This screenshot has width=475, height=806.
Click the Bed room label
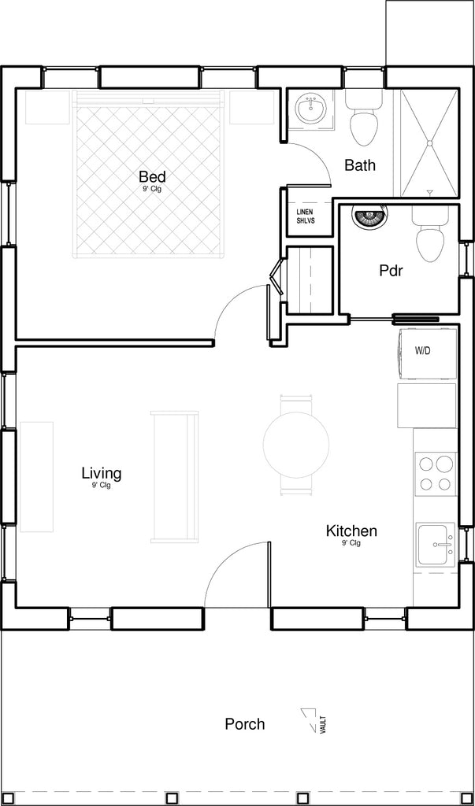point(152,177)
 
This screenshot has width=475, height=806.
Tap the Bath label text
point(360,165)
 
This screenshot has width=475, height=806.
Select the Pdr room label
point(392,271)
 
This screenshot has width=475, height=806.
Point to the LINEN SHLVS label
point(305,216)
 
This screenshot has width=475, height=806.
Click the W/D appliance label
point(422,352)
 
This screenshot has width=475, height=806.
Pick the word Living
point(102,472)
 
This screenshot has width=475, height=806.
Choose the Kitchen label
point(351,531)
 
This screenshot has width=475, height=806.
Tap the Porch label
point(245,724)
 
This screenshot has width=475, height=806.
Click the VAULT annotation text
point(323,724)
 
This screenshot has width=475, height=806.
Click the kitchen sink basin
point(436,544)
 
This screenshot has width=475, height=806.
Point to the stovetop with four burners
point(436,474)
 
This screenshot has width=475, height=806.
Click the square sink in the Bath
point(310,109)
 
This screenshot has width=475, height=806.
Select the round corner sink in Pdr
point(367,215)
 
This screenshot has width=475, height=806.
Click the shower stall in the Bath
point(429,143)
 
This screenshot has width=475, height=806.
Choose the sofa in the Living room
point(174,476)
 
